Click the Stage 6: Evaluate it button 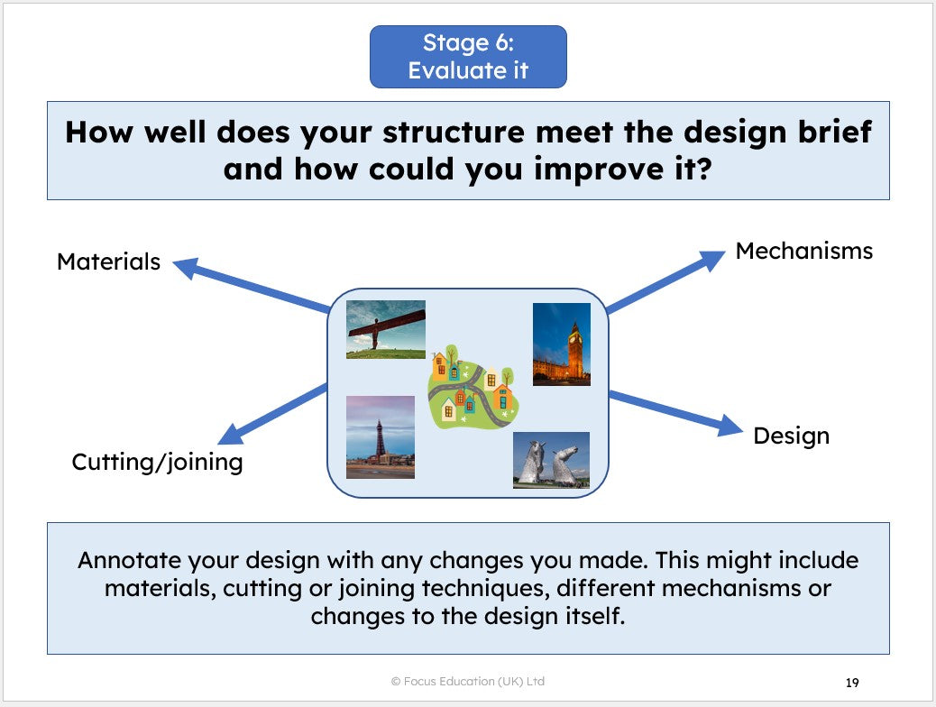[x=468, y=57]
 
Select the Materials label [x=108, y=262]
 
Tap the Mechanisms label [x=804, y=251]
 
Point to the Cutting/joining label [x=158, y=463]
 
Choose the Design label [x=792, y=436]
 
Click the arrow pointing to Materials [x=251, y=285]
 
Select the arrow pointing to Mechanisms [x=665, y=281]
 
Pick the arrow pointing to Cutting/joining [x=272, y=415]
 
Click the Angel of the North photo [x=386, y=329]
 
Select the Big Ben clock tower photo [x=561, y=344]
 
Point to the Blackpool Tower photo [x=381, y=437]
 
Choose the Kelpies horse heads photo [x=551, y=460]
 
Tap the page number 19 [x=852, y=683]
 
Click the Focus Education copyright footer [x=467, y=681]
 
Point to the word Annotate [x=130, y=560]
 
